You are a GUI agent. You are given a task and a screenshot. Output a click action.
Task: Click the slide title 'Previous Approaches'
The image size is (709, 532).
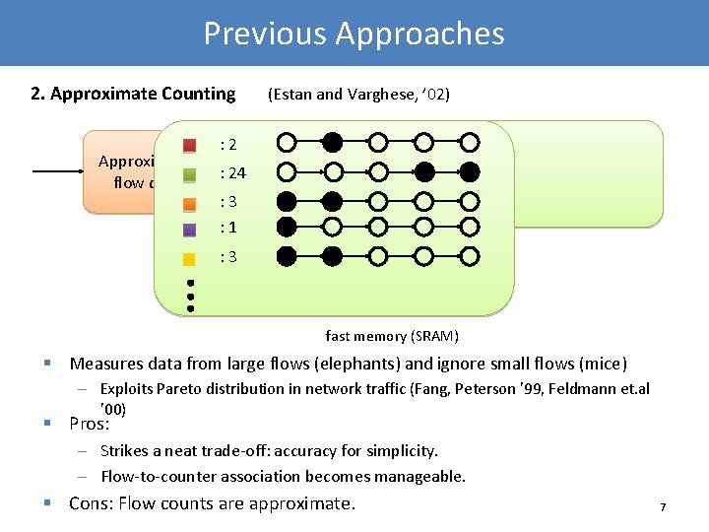[x=354, y=33]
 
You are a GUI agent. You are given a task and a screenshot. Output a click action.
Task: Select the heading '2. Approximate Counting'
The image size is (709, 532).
[x=133, y=95]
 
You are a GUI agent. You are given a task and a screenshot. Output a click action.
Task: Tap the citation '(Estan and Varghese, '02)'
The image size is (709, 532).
[x=358, y=95]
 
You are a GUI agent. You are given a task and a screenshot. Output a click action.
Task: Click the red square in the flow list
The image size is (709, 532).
[x=191, y=145]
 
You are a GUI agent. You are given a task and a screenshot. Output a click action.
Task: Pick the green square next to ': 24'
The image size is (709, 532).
[x=191, y=174]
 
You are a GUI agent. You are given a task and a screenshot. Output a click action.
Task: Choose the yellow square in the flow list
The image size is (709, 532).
[x=191, y=259]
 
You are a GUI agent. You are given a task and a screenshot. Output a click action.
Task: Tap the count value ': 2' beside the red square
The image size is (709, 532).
[x=227, y=144]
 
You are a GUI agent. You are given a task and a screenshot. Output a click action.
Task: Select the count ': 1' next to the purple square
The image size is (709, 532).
[x=227, y=228]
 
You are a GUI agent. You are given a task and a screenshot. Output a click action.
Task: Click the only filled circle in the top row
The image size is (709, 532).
[x=333, y=143]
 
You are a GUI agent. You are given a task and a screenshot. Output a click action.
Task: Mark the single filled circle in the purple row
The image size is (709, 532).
[x=287, y=227]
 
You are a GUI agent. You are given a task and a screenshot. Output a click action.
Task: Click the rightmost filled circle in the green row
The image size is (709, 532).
[x=471, y=172]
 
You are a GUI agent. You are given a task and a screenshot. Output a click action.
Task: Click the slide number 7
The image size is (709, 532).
[x=663, y=507]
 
